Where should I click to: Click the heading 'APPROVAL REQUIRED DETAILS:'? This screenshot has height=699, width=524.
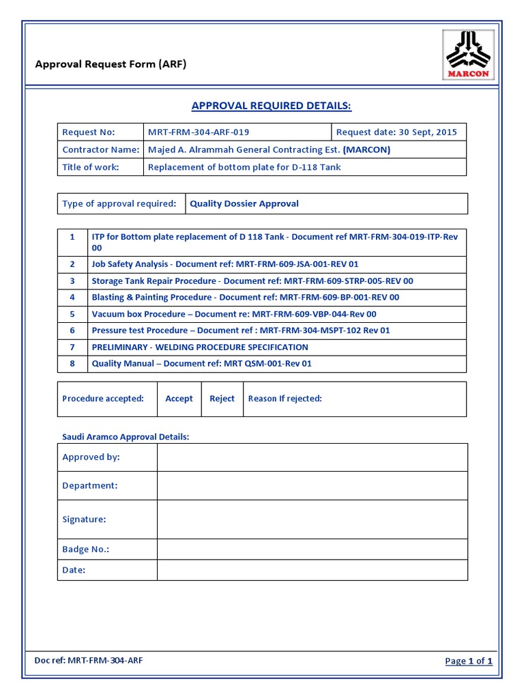click(x=271, y=106)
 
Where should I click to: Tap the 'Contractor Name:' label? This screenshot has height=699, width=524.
click(x=100, y=149)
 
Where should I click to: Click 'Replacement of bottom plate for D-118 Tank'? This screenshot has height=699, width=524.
click(x=244, y=167)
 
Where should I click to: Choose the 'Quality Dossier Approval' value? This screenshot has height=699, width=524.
click(x=244, y=203)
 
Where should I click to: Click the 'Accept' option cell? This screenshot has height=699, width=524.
click(x=179, y=399)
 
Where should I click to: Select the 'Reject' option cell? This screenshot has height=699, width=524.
click(x=222, y=399)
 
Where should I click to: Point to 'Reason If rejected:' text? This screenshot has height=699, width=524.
click(x=285, y=399)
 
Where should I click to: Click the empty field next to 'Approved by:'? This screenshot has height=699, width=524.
click(x=312, y=457)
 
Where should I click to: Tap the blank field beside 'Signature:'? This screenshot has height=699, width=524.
click(x=312, y=519)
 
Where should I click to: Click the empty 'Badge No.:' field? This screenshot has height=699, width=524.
click(x=312, y=550)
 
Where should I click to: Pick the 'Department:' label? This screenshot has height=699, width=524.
click(x=90, y=485)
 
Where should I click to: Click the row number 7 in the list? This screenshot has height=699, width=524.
click(x=72, y=347)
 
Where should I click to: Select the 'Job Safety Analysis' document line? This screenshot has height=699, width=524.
click(x=225, y=264)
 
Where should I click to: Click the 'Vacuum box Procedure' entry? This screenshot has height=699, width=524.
click(x=234, y=314)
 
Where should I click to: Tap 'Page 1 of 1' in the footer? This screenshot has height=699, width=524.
click(x=468, y=661)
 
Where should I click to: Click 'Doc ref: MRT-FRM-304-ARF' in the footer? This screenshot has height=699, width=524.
click(x=89, y=660)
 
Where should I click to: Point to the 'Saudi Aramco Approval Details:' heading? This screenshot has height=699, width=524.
click(x=126, y=437)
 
